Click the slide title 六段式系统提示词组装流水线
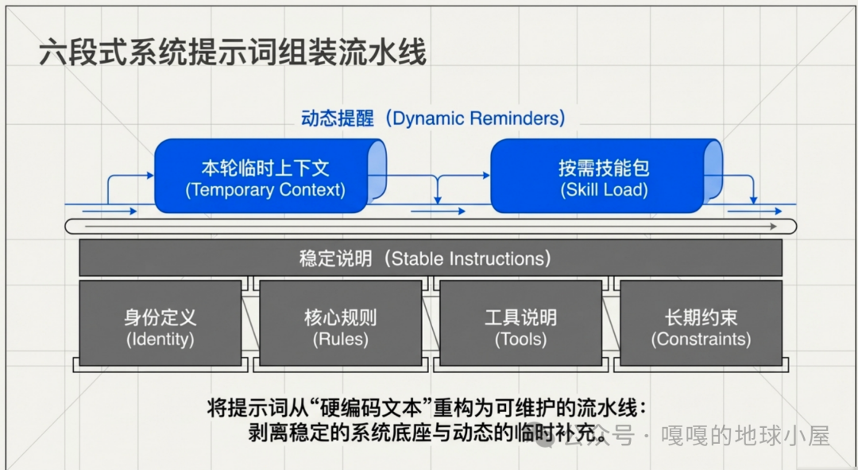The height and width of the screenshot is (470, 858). (232, 53)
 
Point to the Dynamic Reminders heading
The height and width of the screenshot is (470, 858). (433, 118)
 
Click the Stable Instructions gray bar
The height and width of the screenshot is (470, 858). (430, 258)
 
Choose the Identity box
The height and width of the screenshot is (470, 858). (160, 322)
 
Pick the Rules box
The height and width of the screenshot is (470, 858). (340, 322)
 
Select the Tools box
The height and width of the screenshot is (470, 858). (520, 322)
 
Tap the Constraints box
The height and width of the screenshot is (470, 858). (701, 322)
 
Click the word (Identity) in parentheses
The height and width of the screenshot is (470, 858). (160, 340)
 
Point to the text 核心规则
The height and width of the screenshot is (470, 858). (340, 317)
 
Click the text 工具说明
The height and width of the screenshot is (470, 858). (520, 317)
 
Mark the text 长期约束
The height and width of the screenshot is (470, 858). (701, 317)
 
